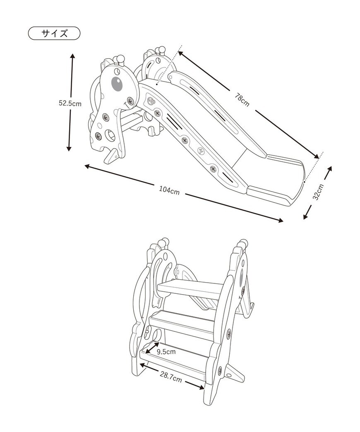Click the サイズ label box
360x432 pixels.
[x=54, y=34]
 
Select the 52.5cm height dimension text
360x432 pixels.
[x=70, y=103]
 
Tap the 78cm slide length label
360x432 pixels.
[x=242, y=100]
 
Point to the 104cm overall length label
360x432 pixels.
[x=169, y=191]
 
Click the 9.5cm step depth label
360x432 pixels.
[x=166, y=352]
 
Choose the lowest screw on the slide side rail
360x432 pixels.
[x=213, y=169]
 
